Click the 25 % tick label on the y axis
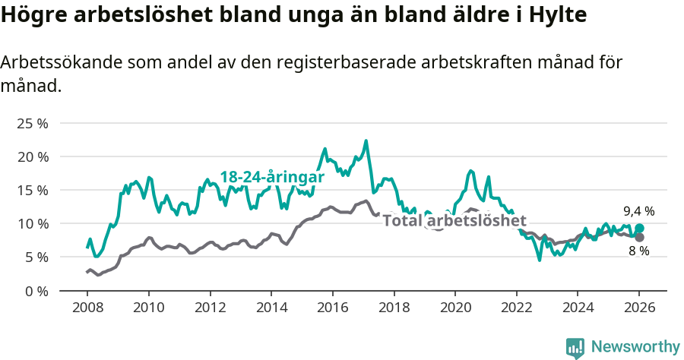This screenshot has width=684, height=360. tap(33, 123)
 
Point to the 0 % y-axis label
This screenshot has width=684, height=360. tap(36, 291)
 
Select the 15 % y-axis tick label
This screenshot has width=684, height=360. tap(33, 190)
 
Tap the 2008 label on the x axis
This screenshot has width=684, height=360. tap(87, 309)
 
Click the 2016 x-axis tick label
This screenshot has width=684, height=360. tap(332, 309)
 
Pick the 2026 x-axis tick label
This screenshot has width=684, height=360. tap(639, 309)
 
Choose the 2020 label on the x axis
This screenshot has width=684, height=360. tap(455, 309)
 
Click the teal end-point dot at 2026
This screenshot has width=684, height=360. tap(640, 228)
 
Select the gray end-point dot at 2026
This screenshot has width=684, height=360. tap(640, 238)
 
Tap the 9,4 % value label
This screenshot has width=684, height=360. tap(639, 212)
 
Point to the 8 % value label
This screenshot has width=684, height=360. tap(639, 251)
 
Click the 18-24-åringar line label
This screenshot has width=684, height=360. tap(272, 177)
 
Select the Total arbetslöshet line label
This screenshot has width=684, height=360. tap(454, 221)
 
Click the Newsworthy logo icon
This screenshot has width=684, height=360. tap(575, 348)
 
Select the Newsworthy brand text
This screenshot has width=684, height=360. tap(635, 347)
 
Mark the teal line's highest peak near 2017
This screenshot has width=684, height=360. tap(366, 141)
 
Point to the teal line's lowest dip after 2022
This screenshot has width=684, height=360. tap(540, 261)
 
